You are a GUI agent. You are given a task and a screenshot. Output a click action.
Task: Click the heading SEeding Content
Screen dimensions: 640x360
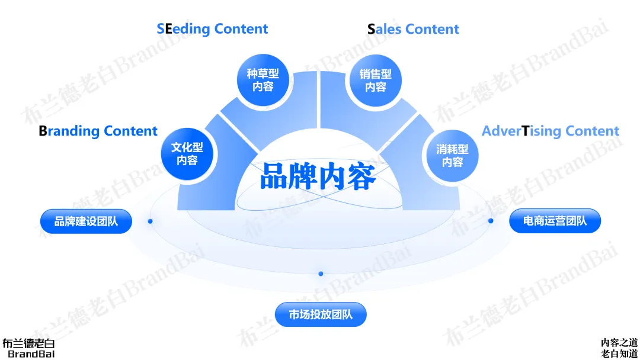click(x=212, y=29)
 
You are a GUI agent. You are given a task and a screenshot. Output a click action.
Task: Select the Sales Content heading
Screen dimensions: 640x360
click(x=413, y=29)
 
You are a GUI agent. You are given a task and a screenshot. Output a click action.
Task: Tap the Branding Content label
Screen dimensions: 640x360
click(x=98, y=131)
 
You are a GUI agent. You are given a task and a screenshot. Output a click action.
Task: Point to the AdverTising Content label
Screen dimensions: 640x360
click(x=551, y=131)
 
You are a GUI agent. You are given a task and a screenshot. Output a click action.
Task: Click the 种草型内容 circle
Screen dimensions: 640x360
click(x=263, y=81)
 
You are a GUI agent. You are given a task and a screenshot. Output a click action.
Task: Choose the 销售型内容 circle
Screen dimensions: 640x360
click(x=376, y=81)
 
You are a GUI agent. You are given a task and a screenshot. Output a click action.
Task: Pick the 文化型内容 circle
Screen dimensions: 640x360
click(x=187, y=154)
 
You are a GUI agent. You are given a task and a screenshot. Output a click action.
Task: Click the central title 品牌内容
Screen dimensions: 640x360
click(x=318, y=176)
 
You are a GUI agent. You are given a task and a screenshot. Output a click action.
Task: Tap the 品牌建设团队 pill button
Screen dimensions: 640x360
click(x=86, y=221)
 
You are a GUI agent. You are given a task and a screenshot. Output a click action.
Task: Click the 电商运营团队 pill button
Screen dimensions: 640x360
click(x=555, y=221)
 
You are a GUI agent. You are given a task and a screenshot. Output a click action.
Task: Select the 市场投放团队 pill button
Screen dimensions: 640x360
click(x=321, y=314)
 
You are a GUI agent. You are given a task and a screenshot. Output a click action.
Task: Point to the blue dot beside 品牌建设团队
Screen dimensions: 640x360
click(x=151, y=221)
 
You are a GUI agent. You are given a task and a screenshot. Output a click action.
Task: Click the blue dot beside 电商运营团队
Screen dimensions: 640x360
click(x=491, y=221)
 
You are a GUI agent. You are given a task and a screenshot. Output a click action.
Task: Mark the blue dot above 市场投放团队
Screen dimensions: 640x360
click(x=321, y=274)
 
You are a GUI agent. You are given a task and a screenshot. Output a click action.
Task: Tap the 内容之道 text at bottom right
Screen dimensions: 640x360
click(x=619, y=342)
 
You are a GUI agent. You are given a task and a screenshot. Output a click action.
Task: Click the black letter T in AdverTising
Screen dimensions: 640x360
click(x=525, y=131)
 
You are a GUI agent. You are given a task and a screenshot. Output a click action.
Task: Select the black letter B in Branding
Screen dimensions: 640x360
click(x=43, y=131)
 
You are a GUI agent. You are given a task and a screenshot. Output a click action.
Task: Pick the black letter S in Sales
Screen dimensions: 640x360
click(x=371, y=29)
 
